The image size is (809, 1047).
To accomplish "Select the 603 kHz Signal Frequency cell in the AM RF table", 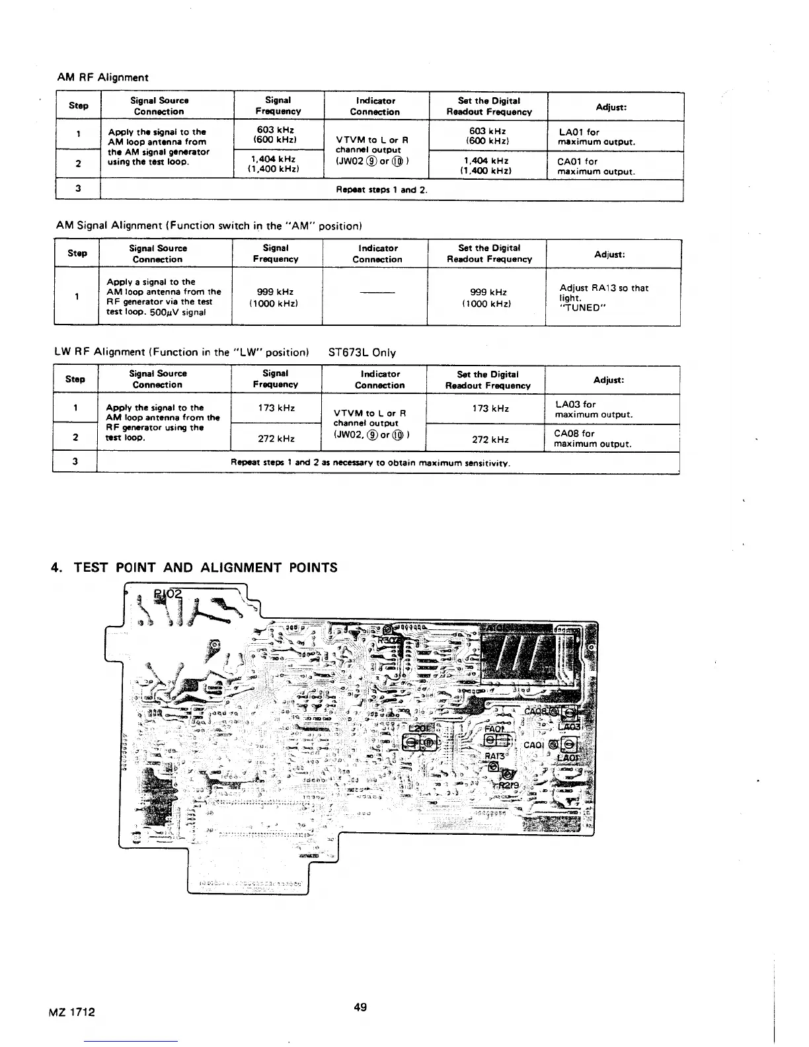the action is point(278,135).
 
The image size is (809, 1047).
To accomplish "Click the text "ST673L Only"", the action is point(362,352).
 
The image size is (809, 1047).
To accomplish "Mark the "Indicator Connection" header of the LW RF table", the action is point(379,379).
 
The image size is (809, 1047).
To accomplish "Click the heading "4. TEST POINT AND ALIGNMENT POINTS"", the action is point(194,568).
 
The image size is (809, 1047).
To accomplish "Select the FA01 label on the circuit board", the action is point(496,728).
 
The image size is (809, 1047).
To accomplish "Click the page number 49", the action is point(360,1007).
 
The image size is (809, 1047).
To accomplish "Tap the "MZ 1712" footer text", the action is point(72,1011).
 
